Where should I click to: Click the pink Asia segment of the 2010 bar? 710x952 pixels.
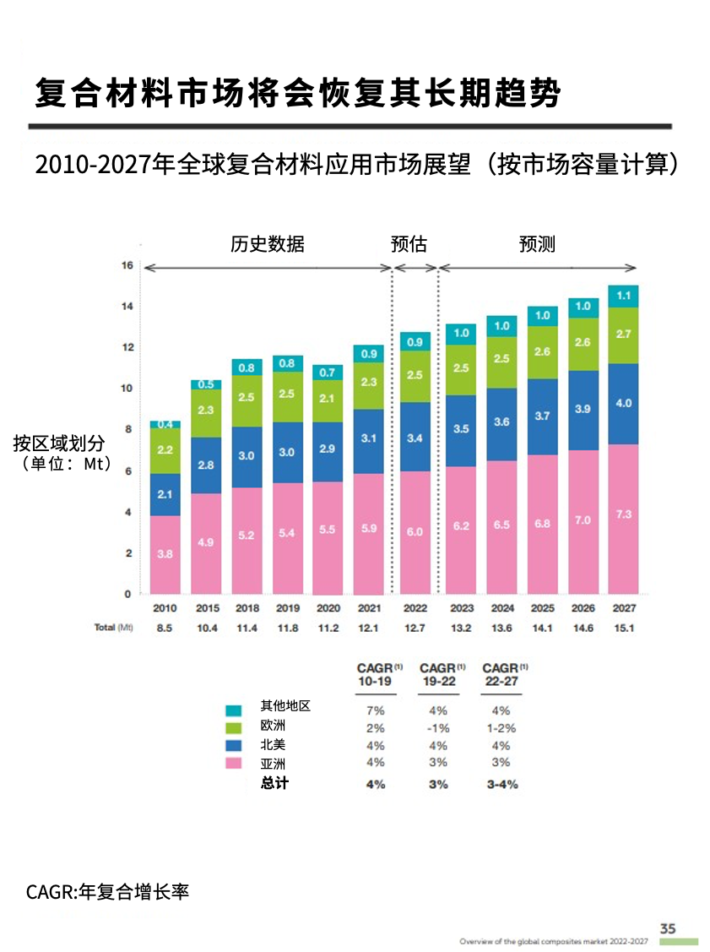point(165,554)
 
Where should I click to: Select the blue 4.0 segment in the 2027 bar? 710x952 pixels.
point(623,404)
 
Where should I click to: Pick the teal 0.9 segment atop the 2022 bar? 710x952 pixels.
point(415,342)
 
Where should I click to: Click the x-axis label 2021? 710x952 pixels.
point(368,608)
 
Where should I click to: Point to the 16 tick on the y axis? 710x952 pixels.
point(127,265)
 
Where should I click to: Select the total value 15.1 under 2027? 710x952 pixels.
point(623,628)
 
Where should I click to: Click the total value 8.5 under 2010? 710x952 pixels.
point(165,628)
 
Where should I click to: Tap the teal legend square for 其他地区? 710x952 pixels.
point(234,710)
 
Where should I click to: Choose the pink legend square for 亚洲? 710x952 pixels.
point(234,764)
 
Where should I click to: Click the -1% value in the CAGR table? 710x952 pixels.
point(438,728)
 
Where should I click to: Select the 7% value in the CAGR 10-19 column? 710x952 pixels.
point(376,710)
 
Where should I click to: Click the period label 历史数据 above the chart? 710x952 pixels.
point(268,245)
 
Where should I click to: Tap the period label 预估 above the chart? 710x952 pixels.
point(409,245)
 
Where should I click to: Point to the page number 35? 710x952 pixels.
point(668,928)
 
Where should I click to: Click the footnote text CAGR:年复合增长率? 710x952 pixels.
point(108,891)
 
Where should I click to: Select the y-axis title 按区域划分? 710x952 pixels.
point(59,443)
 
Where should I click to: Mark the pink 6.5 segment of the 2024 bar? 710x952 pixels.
point(501,525)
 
